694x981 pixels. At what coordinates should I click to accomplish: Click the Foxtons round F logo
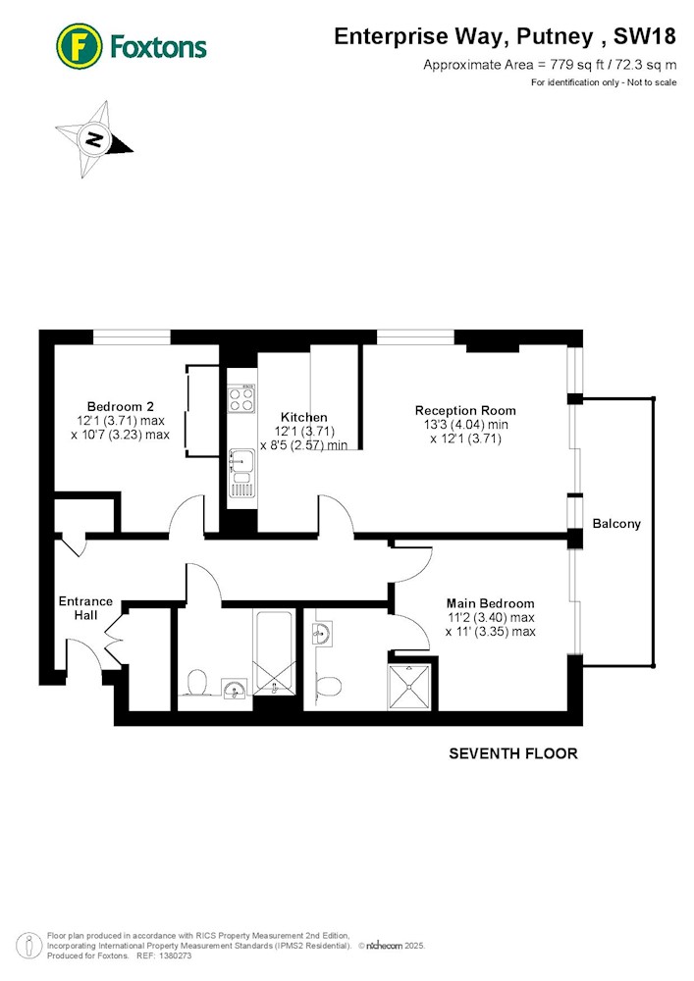[79, 46]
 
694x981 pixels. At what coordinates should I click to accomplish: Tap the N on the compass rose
[94, 139]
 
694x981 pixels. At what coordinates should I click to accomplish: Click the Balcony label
[616, 524]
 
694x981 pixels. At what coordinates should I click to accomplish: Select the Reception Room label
[465, 410]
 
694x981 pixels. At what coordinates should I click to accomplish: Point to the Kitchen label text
[303, 417]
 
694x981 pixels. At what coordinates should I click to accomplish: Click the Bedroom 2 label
[120, 407]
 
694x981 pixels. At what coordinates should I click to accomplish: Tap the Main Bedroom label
[490, 603]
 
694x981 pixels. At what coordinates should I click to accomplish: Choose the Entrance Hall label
[85, 608]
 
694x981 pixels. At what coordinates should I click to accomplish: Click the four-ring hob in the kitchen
[241, 398]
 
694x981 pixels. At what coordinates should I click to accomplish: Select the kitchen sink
[241, 473]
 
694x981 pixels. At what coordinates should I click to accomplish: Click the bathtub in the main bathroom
[274, 652]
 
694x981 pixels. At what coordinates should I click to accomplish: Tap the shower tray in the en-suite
[410, 688]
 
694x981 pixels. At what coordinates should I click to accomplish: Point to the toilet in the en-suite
[327, 685]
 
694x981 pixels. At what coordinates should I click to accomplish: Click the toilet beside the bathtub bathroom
[196, 683]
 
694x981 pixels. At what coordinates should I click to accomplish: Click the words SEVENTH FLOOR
[513, 753]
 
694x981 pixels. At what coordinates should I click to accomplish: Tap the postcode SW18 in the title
[645, 36]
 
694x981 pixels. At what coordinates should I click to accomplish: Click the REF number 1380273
[175, 955]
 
